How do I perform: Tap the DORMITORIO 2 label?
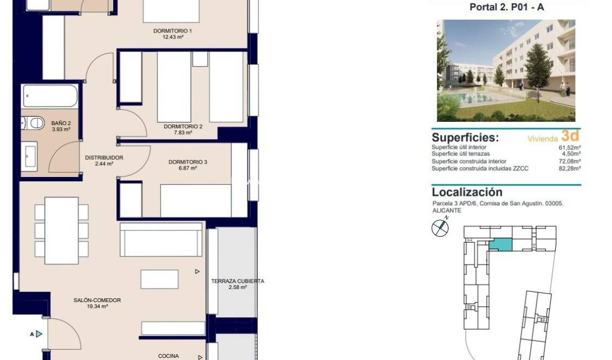point(183,127)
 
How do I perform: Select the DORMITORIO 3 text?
point(187,162)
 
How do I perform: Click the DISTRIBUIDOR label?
point(104,158)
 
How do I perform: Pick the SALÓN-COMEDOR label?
point(97,300)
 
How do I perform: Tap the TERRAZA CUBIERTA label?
point(237,281)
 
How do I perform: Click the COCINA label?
point(168,356)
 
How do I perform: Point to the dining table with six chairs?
point(61,230)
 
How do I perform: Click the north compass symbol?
point(440,227)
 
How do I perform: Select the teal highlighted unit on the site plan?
point(500,245)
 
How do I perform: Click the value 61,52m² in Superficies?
point(569,147)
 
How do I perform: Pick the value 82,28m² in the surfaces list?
point(569,168)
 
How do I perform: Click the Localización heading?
point(467,192)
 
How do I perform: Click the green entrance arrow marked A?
point(38,334)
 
